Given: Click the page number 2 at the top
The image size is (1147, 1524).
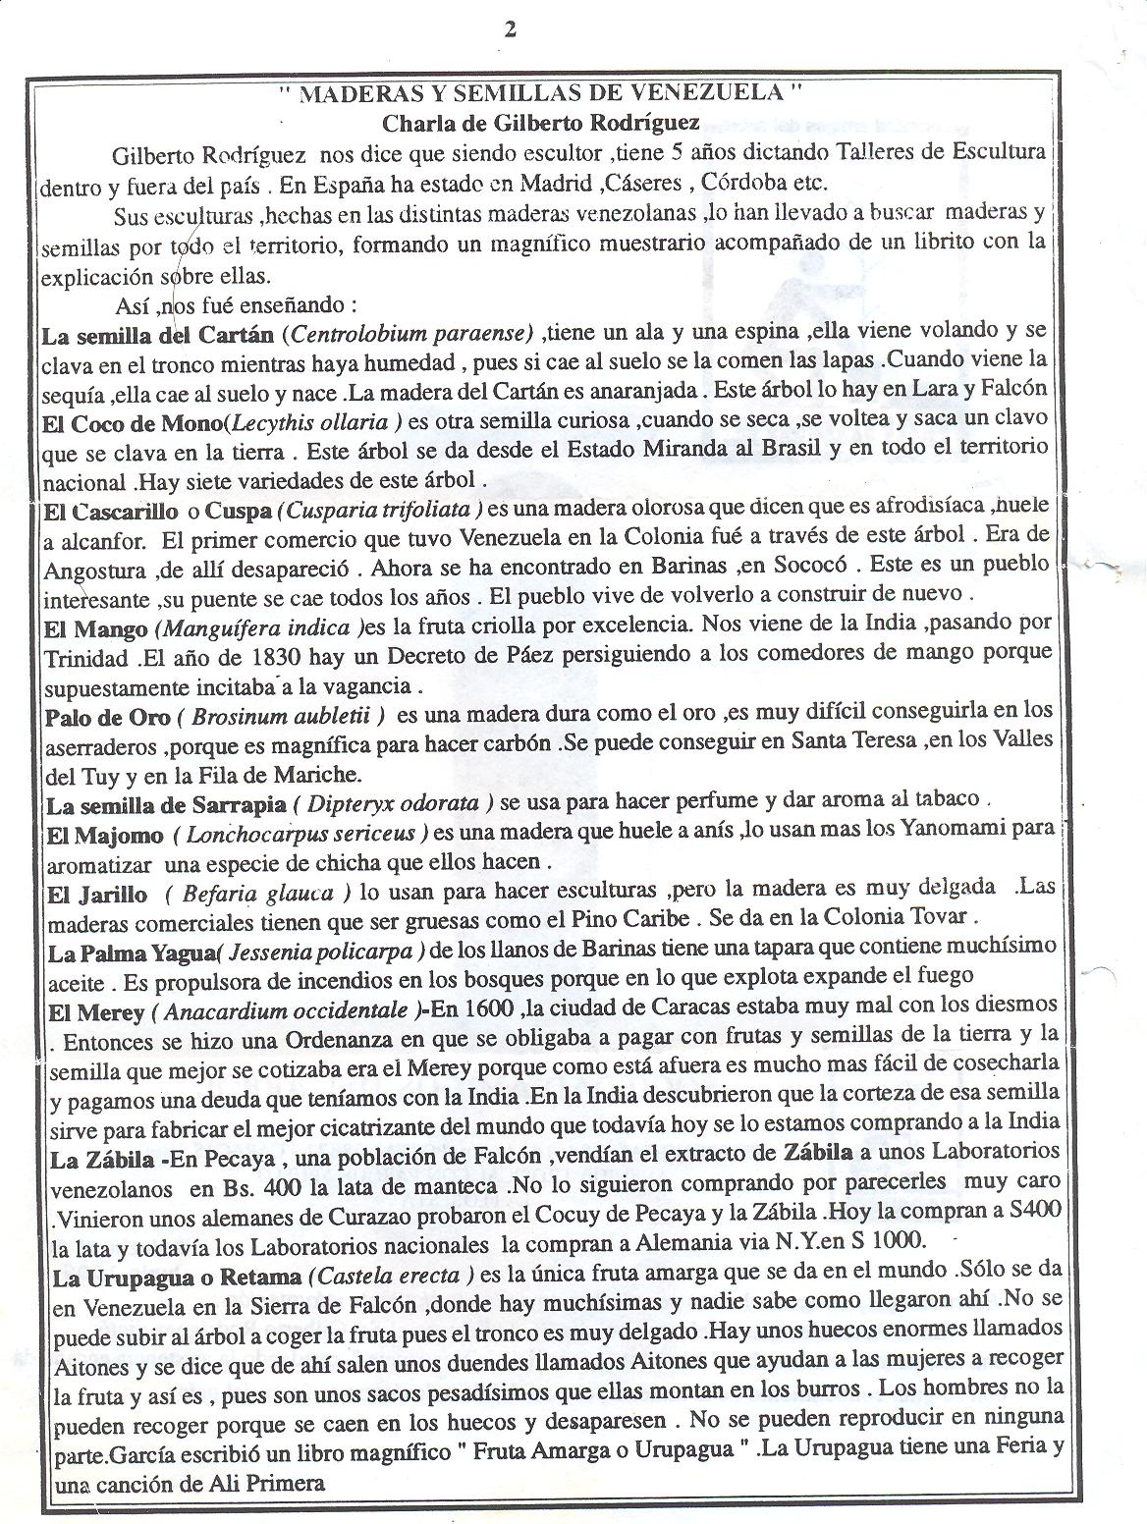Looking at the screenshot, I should [x=510, y=29].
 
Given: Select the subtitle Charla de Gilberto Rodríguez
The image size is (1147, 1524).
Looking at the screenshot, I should [x=541, y=123].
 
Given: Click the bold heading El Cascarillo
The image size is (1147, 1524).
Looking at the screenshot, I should [x=111, y=511].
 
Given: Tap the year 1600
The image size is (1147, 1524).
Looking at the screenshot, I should [x=485, y=1007].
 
